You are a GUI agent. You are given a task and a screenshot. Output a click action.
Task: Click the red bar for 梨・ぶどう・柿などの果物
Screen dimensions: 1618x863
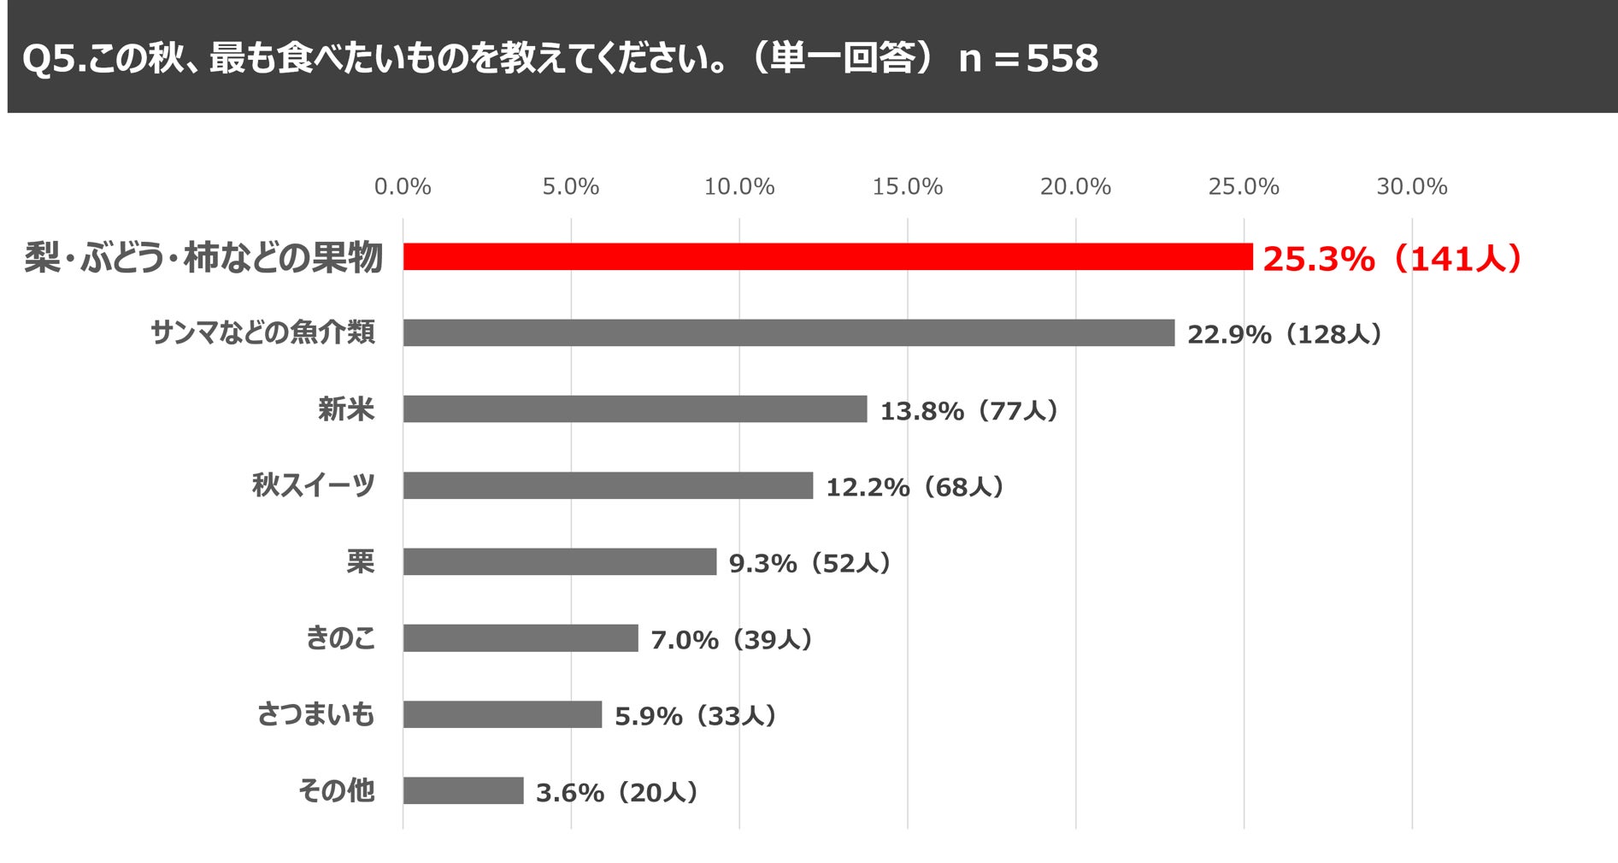tap(827, 256)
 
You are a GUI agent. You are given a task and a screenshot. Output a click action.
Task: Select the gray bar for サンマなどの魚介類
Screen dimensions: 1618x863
tap(789, 332)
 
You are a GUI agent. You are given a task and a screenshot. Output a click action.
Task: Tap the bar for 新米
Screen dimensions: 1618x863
tap(635, 408)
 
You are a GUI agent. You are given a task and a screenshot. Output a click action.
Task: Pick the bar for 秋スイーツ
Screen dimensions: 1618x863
tap(608, 485)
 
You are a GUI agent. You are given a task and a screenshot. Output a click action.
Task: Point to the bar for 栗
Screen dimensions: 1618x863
tap(560, 561)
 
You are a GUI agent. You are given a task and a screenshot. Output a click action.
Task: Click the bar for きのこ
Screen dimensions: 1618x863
tap(521, 637)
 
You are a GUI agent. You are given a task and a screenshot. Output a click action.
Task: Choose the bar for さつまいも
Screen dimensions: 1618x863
tap(503, 714)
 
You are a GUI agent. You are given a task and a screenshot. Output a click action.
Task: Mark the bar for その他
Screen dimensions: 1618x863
tap(463, 790)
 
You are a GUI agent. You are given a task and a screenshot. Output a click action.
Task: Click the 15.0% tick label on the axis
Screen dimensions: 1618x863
tap(908, 186)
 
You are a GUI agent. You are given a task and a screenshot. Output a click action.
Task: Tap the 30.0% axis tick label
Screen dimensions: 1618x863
tap(1412, 186)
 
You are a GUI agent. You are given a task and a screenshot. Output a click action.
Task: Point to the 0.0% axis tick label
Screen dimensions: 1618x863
tap(403, 186)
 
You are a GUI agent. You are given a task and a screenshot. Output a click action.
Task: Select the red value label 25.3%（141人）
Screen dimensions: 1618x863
tap(1392, 258)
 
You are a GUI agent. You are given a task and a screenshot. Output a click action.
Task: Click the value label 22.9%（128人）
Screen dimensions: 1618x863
tap(1285, 334)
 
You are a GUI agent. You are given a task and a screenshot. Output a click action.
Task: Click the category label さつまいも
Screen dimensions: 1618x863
tap(315, 713)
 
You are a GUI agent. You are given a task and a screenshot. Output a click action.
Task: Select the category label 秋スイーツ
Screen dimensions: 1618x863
tap(314, 484)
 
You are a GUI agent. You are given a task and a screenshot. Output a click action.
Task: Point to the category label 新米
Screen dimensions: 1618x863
tap(346, 408)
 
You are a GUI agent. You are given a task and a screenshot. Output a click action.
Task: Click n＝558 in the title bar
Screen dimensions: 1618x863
tap(1028, 58)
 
